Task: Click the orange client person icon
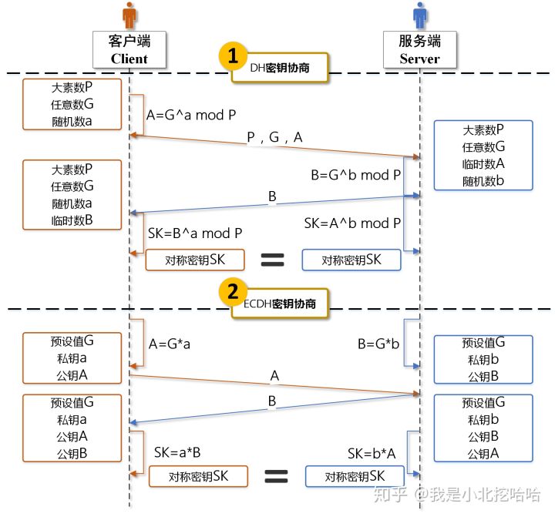129,15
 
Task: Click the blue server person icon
419,15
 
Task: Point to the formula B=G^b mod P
355,175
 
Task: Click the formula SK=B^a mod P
195,233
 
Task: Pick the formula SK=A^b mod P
352,223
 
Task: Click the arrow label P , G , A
274,137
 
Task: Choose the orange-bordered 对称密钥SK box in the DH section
195,260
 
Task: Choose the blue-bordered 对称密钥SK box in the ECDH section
355,476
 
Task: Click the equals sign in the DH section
273,260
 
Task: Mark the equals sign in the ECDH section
276,476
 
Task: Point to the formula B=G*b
378,343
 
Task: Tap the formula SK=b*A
372,452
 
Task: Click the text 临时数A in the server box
483,163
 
